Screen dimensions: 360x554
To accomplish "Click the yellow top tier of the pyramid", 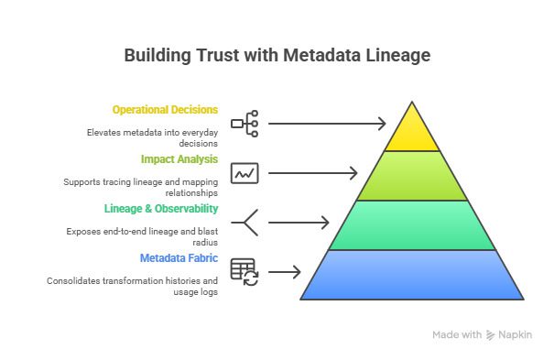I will coord(412,132).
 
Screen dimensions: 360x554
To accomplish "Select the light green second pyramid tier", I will coord(412,177).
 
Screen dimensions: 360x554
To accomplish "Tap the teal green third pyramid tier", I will coord(412,225).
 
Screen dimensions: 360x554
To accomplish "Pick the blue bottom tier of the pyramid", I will coord(412,275).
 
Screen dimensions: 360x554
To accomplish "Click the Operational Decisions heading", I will coord(165,109).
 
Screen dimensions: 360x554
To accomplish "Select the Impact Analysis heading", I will coord(179,158).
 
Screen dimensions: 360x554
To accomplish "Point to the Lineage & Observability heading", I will coord(161,208).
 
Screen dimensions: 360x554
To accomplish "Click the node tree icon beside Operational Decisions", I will coord(244,122).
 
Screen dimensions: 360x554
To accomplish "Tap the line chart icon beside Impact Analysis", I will coord(244,172).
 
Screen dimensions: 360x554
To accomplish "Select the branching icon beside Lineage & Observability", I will coord(244,222).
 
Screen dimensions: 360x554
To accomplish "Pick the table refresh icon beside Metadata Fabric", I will coord(244,271).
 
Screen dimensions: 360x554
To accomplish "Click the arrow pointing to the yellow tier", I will coord(328,123).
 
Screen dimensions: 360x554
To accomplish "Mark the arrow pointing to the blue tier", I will coord(285,271).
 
